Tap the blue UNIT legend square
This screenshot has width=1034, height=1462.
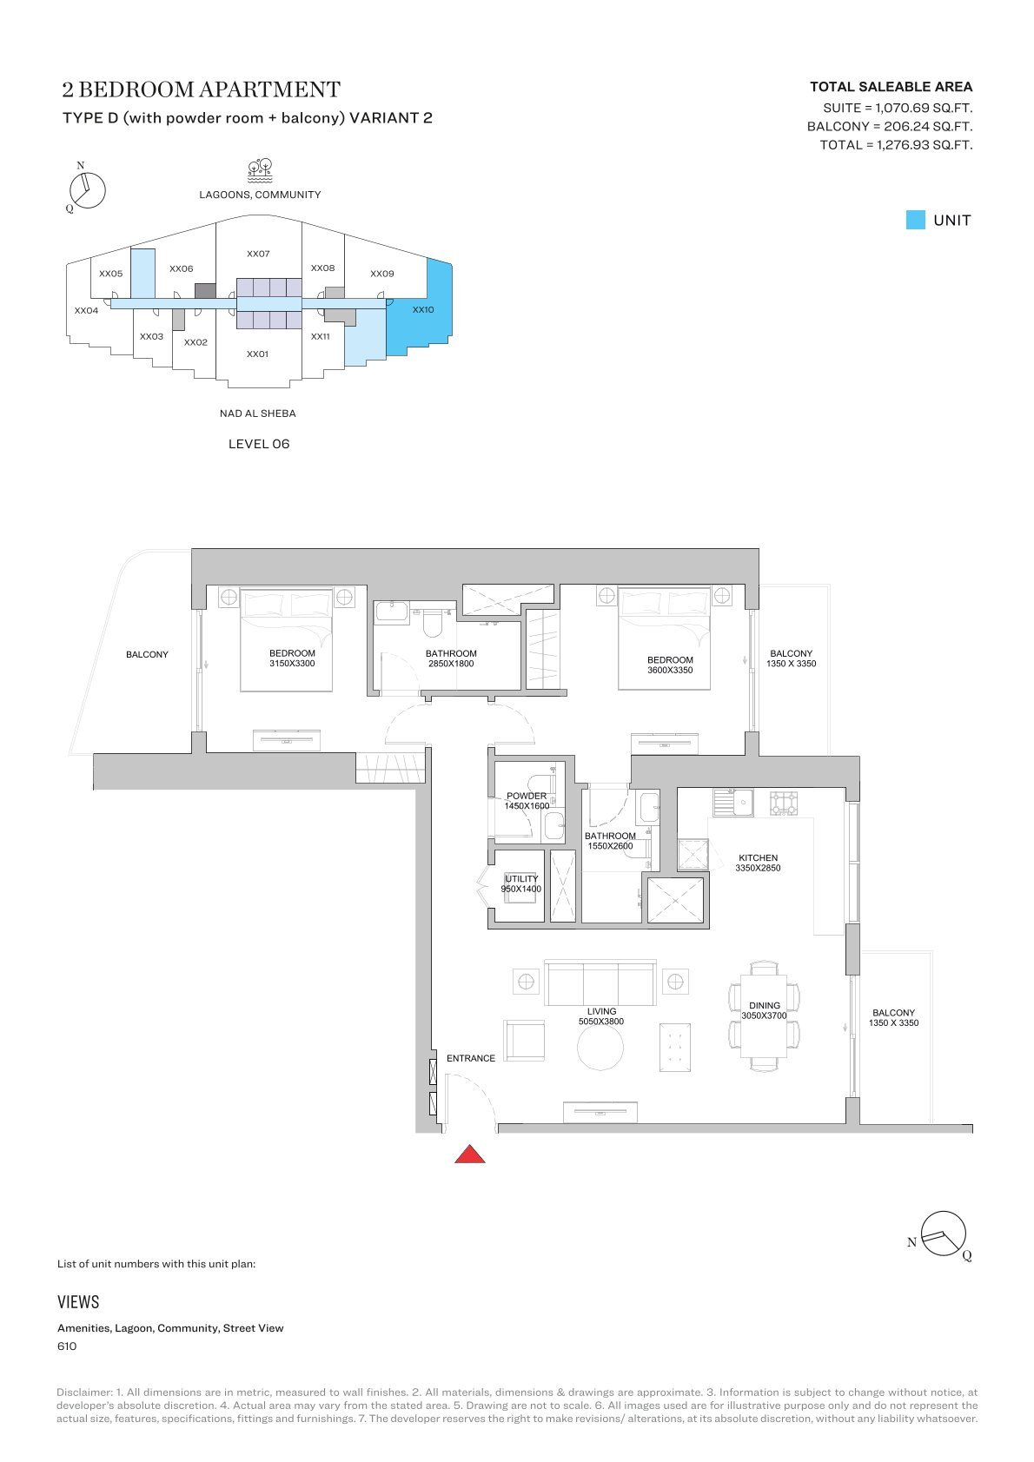click(x=915, y=220)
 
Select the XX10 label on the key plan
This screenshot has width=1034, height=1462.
click(x=423, y=309)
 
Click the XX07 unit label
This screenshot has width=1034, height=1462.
click(x=258, y=254)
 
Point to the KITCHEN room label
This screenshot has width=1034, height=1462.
click(x=758, y=857)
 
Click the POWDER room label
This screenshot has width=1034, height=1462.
click(x=527, y=796)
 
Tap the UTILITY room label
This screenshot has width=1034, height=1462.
click(x=521, y=878)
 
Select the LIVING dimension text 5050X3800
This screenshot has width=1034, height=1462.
click(x=600, y=1022)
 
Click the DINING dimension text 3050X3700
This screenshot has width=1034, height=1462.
click(x=764, y=1015)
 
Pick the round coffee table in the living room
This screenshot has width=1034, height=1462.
click(x=600, y=1047)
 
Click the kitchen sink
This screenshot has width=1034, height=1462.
click(x=732, y=803)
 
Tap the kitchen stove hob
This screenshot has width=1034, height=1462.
click(x=783, y=803)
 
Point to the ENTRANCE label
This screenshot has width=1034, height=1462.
click(x=471, y=1058)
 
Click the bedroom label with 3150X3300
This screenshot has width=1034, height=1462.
click(x=292, y=658)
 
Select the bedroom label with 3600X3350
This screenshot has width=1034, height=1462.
click(x=670, y=665)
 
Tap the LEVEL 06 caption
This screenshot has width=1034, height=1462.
click(x=259, y=444)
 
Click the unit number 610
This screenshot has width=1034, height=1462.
click(x=67, y=1346)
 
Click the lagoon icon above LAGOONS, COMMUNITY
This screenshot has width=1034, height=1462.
click(x=260, y=170)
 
